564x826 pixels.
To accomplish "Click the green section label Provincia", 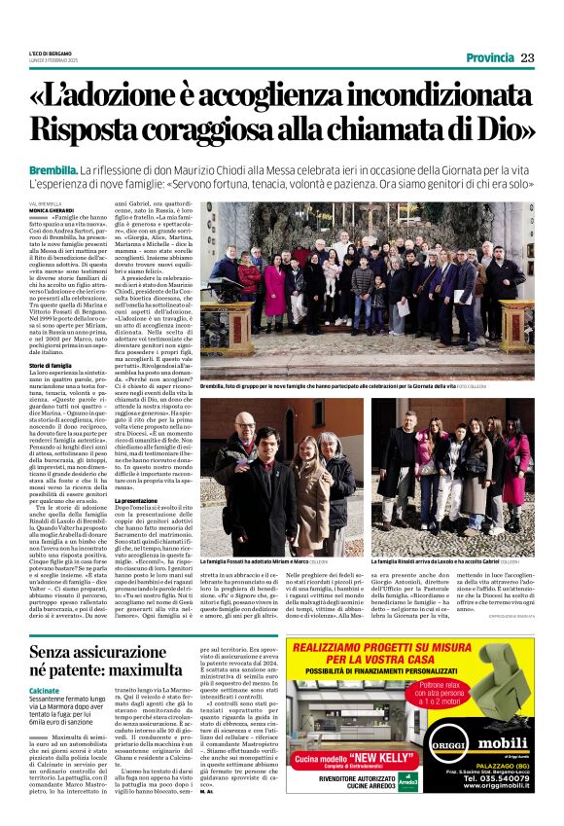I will coord(490,57).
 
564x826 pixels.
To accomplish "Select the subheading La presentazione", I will coord(230,498).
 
